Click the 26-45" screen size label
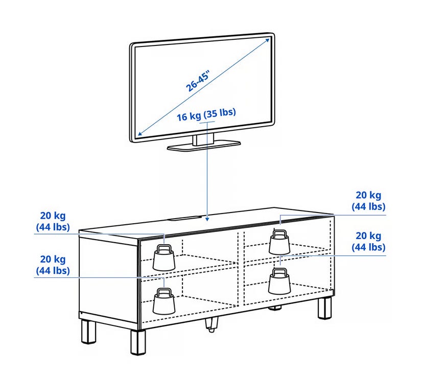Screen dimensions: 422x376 (x=198, y=81)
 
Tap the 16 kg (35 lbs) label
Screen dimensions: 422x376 (x=206, y=114)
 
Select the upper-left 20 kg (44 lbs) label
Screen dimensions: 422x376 (x=53, y=221)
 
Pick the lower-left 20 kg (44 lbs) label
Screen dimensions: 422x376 (x=53, y=265)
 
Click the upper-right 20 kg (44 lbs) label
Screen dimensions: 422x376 (x=368, y=201)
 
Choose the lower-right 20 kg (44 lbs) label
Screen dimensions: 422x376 (x=368, y=242)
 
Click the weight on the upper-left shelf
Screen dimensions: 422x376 (x=164, y=257)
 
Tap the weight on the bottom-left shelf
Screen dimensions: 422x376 (x=164, y=301)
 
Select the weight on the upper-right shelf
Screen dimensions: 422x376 (x=279, y=242)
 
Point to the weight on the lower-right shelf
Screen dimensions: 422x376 (x=279, y=281)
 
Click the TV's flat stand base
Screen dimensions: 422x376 (x=203, y=146)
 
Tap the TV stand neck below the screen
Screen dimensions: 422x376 (x=203, y=139)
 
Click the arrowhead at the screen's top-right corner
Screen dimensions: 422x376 (x=267, y=40)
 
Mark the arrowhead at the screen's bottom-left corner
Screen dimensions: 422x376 (x=140, y=133)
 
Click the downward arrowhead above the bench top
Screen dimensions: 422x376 (x=207, y=219)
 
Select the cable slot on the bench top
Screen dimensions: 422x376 (x=185, y=218)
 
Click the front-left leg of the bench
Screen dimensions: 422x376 (x=138, y=342)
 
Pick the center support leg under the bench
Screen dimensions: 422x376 (x=211, y=324)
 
